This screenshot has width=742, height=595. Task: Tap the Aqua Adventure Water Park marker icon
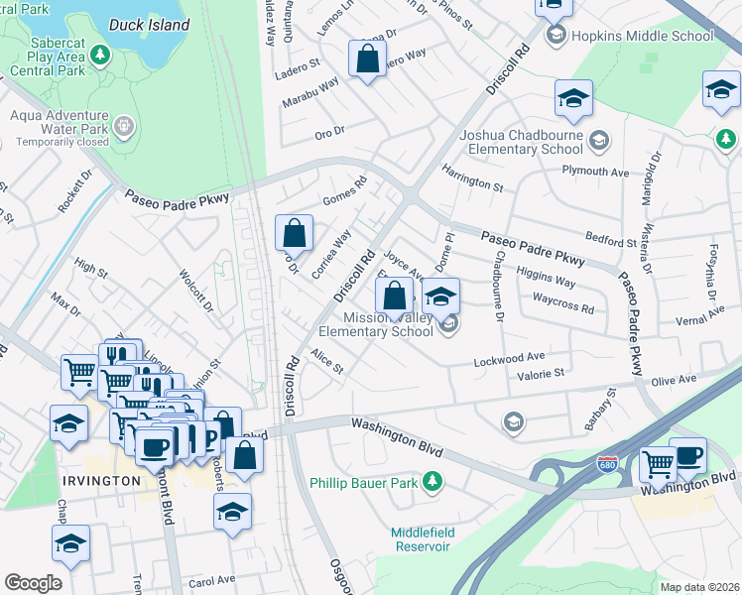(123, 126)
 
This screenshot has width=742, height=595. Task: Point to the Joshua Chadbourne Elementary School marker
(598, 140)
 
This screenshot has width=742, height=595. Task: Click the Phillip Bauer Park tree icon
(432, 482)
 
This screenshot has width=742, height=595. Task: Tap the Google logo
(33, 583)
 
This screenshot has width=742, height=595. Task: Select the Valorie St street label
(537, 374)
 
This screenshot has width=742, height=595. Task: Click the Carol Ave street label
(211, 579)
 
